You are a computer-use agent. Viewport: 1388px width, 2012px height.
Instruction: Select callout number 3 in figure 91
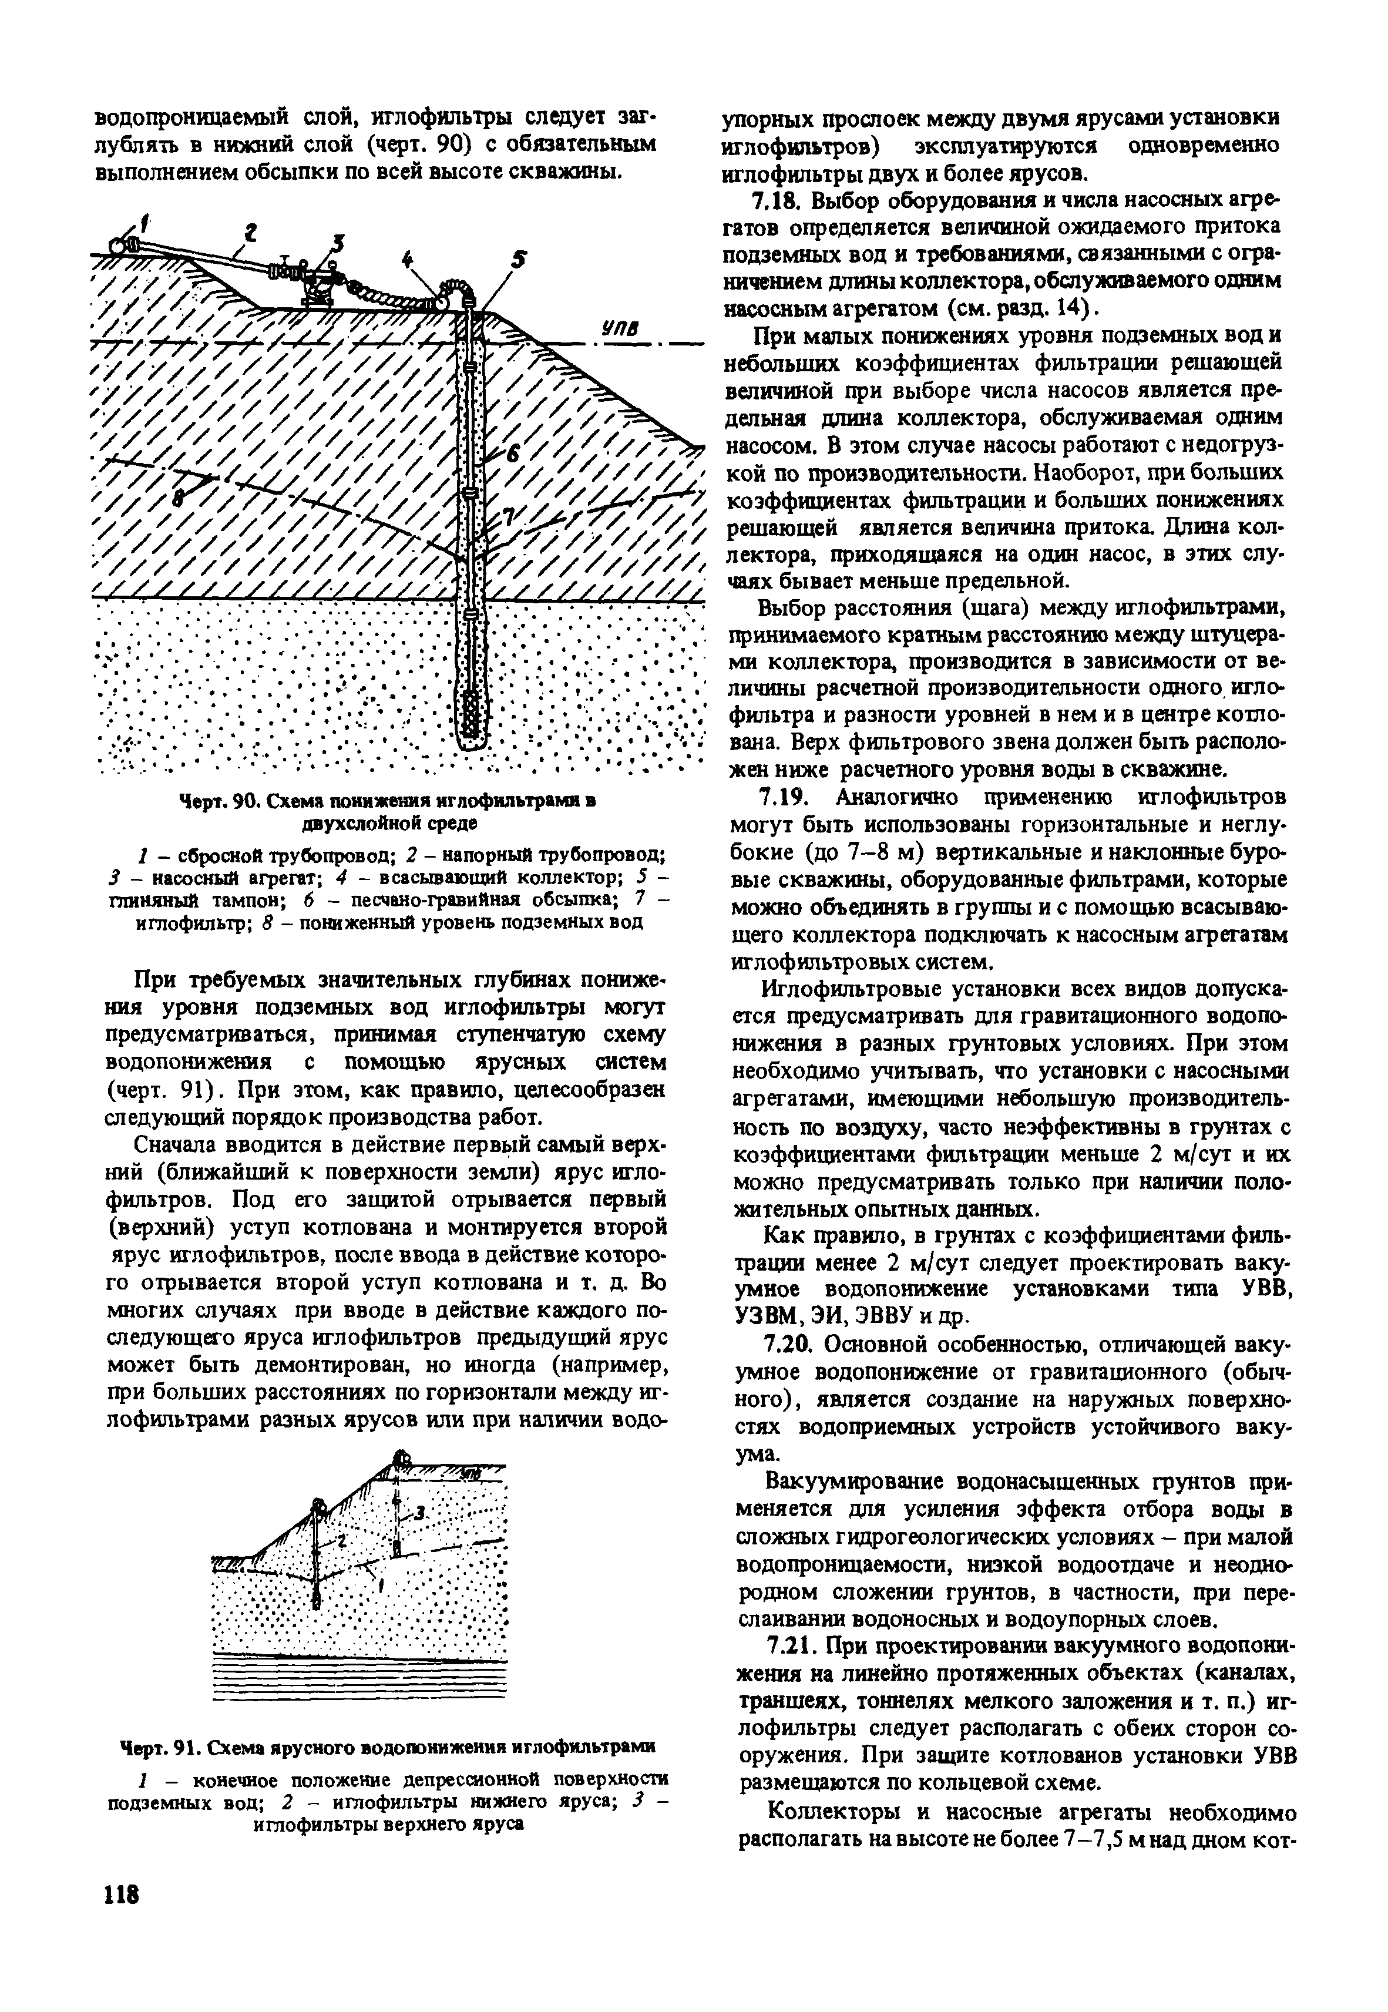pyautogui.click(x=419, y=1514)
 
